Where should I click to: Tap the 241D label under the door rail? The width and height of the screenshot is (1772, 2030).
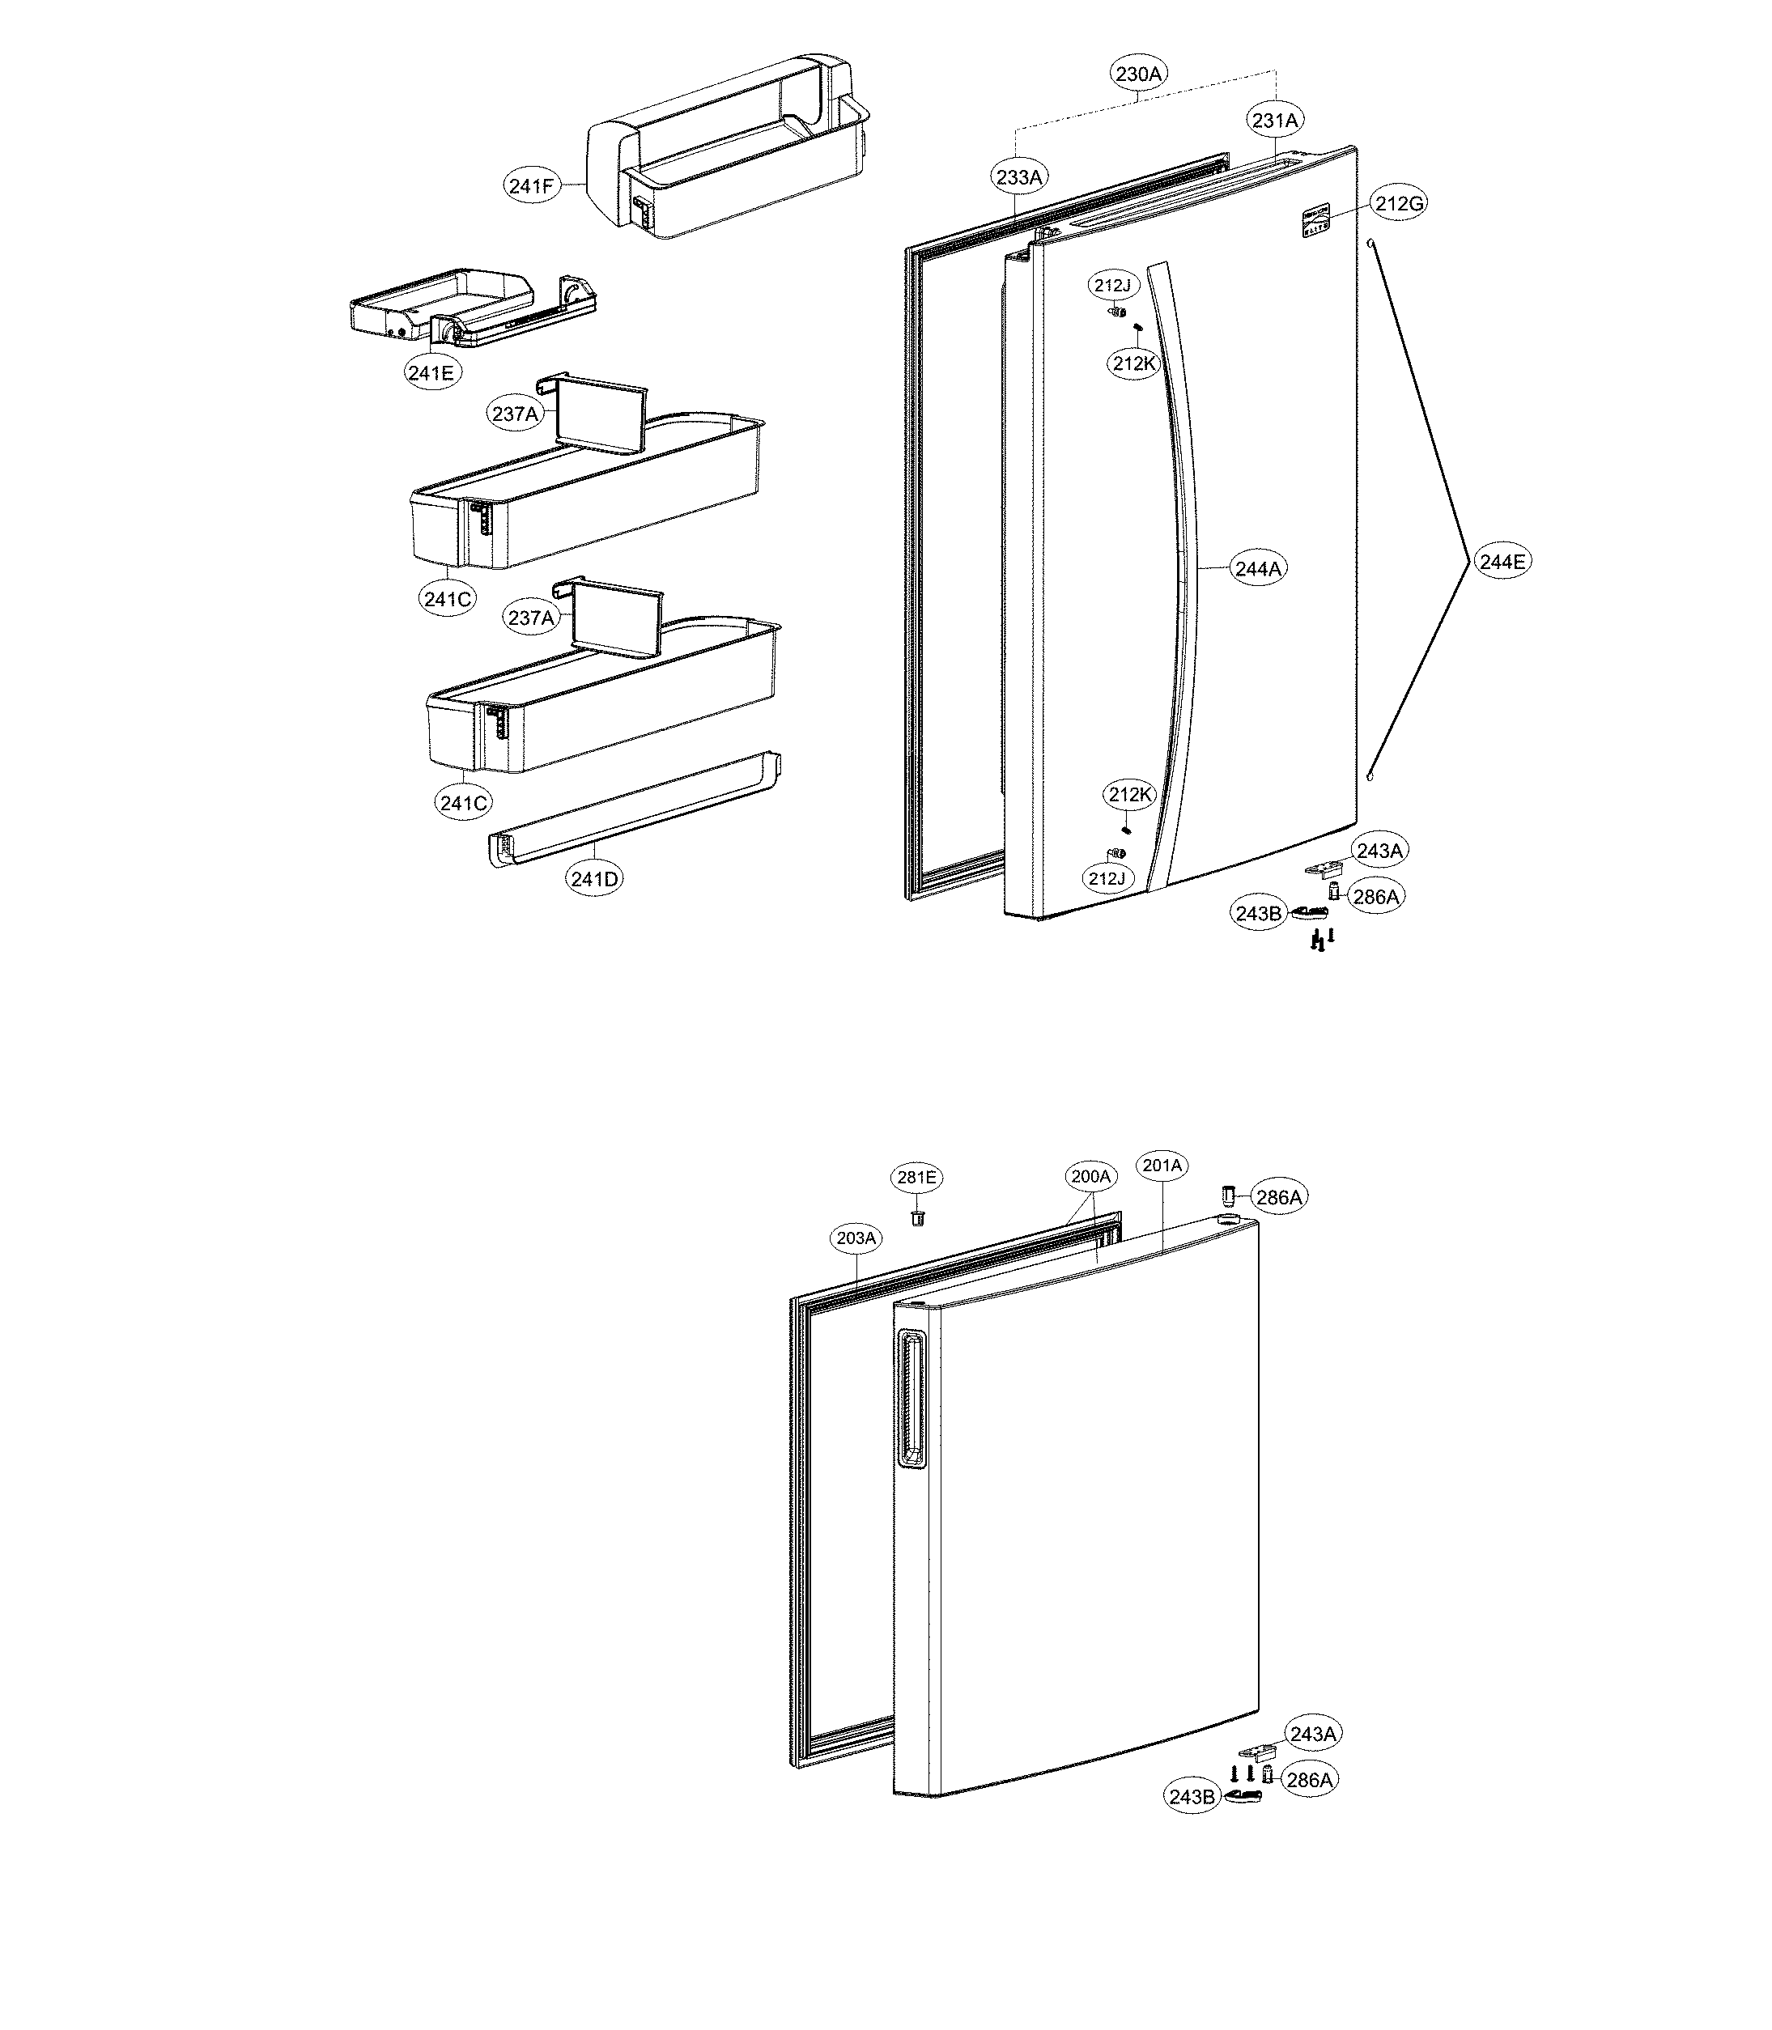pyautogui.click(x=594, y=878)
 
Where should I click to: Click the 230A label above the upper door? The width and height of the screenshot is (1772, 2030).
pyautogui.click(x=1139, y=73)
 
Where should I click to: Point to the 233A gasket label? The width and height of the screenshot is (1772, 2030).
pyautogui.click(x=1019, y=178)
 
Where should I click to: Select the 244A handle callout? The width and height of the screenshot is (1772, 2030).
pyautogui.click(x=1258, y=568)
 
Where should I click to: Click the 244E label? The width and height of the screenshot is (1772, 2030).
pyautogui.click(x=1501, y=562)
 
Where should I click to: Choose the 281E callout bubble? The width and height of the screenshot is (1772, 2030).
pyautogui.click(x=916, y=1177)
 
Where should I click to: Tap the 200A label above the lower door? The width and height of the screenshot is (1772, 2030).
pyautogui.click(x=1092, y=1177)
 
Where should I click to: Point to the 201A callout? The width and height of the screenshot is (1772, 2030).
pyautogui.click(x=1162, y=1166)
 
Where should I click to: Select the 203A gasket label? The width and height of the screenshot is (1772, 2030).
pyautogui.click(x=856, y=1238)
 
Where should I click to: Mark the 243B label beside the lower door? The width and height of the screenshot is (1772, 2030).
pyautogui.click(x=1192, y=1797)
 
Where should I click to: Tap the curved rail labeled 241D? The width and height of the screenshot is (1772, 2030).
pyautogui.click(x=633, y=813)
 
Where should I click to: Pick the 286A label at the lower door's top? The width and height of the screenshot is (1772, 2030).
pyautogui.click(x=1277, y=1197)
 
